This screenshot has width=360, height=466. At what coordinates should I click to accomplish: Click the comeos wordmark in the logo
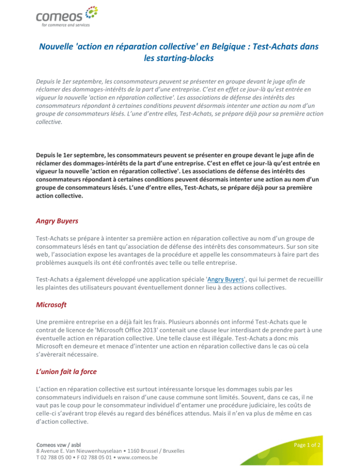tap(55, 17)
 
